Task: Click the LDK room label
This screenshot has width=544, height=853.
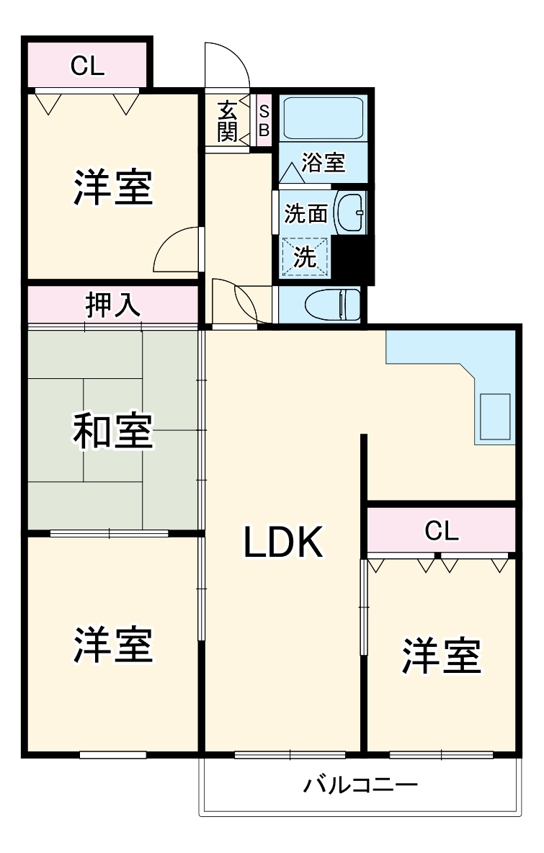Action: point(282,542)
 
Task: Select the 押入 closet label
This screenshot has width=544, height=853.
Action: point(112,305)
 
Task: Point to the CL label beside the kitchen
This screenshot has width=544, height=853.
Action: point(441,531)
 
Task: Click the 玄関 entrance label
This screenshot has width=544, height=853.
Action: point(228,121)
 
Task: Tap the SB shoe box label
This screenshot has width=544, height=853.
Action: point(264,121)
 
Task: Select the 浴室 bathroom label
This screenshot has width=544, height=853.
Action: point(324,162)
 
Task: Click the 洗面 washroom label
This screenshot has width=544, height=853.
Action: point(306,213)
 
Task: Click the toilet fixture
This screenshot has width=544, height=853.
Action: point(331,304)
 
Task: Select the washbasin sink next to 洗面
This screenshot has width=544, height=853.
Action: point(352,213)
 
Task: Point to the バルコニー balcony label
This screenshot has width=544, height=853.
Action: point(360,784)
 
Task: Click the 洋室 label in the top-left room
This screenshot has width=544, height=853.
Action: point(112,187)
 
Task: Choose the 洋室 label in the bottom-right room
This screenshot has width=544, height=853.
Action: point(441,655)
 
